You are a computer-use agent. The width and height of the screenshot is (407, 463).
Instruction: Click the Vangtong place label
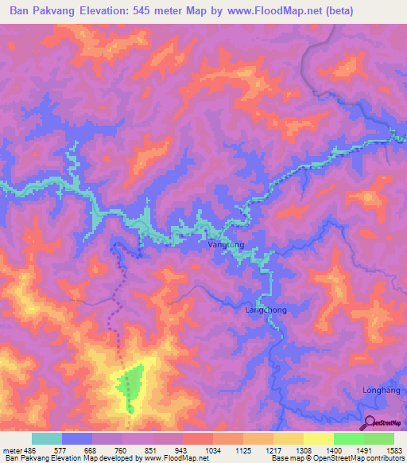point(226,247)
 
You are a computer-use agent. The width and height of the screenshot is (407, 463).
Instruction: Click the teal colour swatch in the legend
point(47,438)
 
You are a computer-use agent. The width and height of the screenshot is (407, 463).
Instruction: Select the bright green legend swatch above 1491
point(349,438)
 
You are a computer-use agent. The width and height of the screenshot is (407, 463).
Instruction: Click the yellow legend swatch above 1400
point(319,438)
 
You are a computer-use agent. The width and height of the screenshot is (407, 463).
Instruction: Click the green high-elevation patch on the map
point(130,386)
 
